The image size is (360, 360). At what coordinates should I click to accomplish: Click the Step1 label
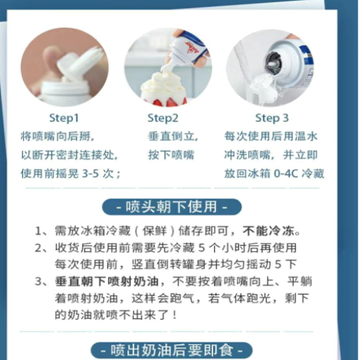click(64, 118)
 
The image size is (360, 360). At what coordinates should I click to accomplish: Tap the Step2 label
click(163, 118)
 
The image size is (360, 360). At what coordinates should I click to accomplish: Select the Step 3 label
click(272, 118)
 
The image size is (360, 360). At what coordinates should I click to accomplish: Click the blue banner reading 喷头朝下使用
click(171, 206)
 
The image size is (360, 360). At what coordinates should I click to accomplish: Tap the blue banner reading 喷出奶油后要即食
click(171, 350)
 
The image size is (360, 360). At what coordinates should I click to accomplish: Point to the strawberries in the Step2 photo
click(164, 101)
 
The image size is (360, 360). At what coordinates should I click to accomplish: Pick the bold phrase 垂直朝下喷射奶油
click(107, 282)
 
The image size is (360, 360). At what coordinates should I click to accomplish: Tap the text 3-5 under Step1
click(91, 174)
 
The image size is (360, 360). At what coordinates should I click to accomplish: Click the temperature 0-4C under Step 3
click(285, 174)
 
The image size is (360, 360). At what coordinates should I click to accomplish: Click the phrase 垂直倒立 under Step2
click(171, 136)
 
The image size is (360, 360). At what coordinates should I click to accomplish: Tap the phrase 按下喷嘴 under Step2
click(171, 155)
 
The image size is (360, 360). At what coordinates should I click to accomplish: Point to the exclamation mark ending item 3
click(174, 315)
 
